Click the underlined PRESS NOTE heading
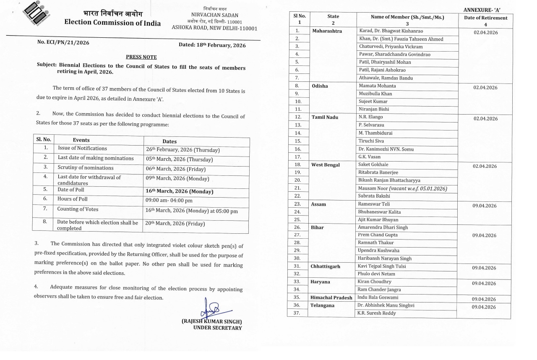(x=141, y=57)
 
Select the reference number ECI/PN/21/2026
(x=63, y=42)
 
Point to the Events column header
(x=81, y=140)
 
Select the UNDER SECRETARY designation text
(x=217, y=328)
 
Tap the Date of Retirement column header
(x=485, y=21)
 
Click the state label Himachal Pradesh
(x=331, y=297)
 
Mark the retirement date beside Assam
(x=484, y=206)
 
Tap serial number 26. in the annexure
(x=297, y=227)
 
